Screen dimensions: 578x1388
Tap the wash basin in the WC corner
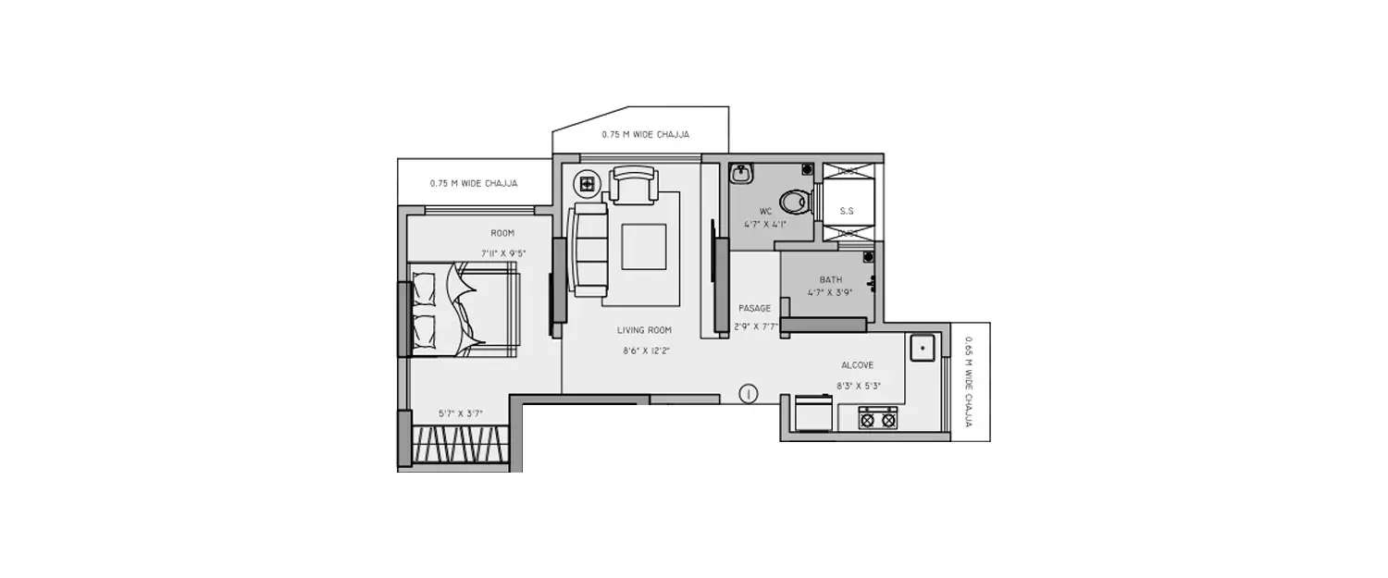pos(741,174)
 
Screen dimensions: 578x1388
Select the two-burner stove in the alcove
pos(877,418)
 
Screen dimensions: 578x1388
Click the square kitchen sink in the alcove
pos(923,348)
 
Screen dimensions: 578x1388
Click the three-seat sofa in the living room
pos(588,250)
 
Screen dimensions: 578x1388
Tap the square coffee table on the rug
pos(643,247)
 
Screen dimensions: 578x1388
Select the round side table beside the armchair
pos(587,183)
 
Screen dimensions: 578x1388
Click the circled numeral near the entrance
pos(749,394)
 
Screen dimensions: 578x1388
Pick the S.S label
pos(846,211)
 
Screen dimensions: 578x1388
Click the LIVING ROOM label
pos(645,330)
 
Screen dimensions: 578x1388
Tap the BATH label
pos(830,279)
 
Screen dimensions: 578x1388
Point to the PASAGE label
pos(754,308)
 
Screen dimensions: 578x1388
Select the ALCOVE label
pos(857,365)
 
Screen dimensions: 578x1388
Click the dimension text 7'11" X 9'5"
pos(503,252)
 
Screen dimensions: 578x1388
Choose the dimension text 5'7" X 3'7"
pos(461,413)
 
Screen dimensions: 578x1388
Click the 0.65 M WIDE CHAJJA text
pos(968,382)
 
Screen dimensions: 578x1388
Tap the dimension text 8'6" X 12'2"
pos(646,350)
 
